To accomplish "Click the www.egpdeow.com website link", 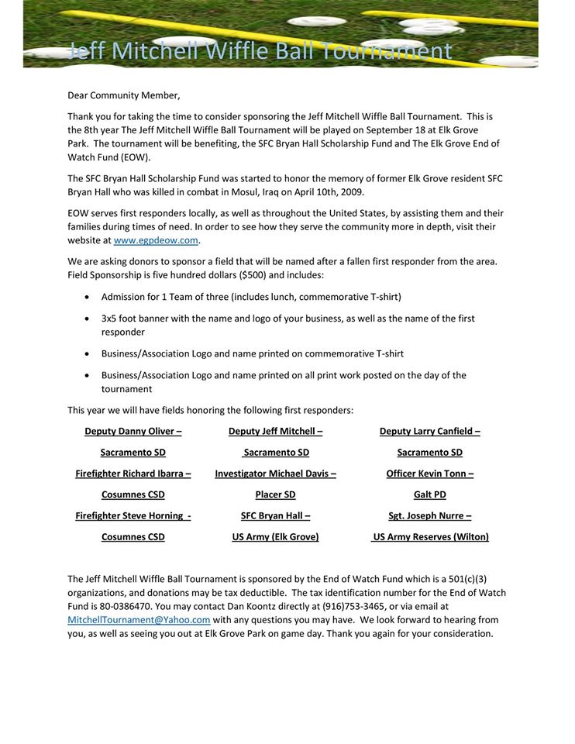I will (157, 240).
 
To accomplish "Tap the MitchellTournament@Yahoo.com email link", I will (139, 620).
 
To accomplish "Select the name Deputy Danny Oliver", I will (129, 432).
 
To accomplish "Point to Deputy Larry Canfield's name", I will (427, 432).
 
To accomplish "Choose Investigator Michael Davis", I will (272, 474).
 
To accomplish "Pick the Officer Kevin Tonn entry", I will (427, 474).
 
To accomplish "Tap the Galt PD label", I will (430, 494).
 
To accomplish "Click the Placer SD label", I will (275, 494).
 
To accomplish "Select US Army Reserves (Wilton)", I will (431, 537).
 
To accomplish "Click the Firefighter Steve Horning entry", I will (129, 516).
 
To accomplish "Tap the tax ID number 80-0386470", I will (115, 607).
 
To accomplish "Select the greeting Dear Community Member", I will (123, 95).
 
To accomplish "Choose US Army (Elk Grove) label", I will (275, 537).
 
